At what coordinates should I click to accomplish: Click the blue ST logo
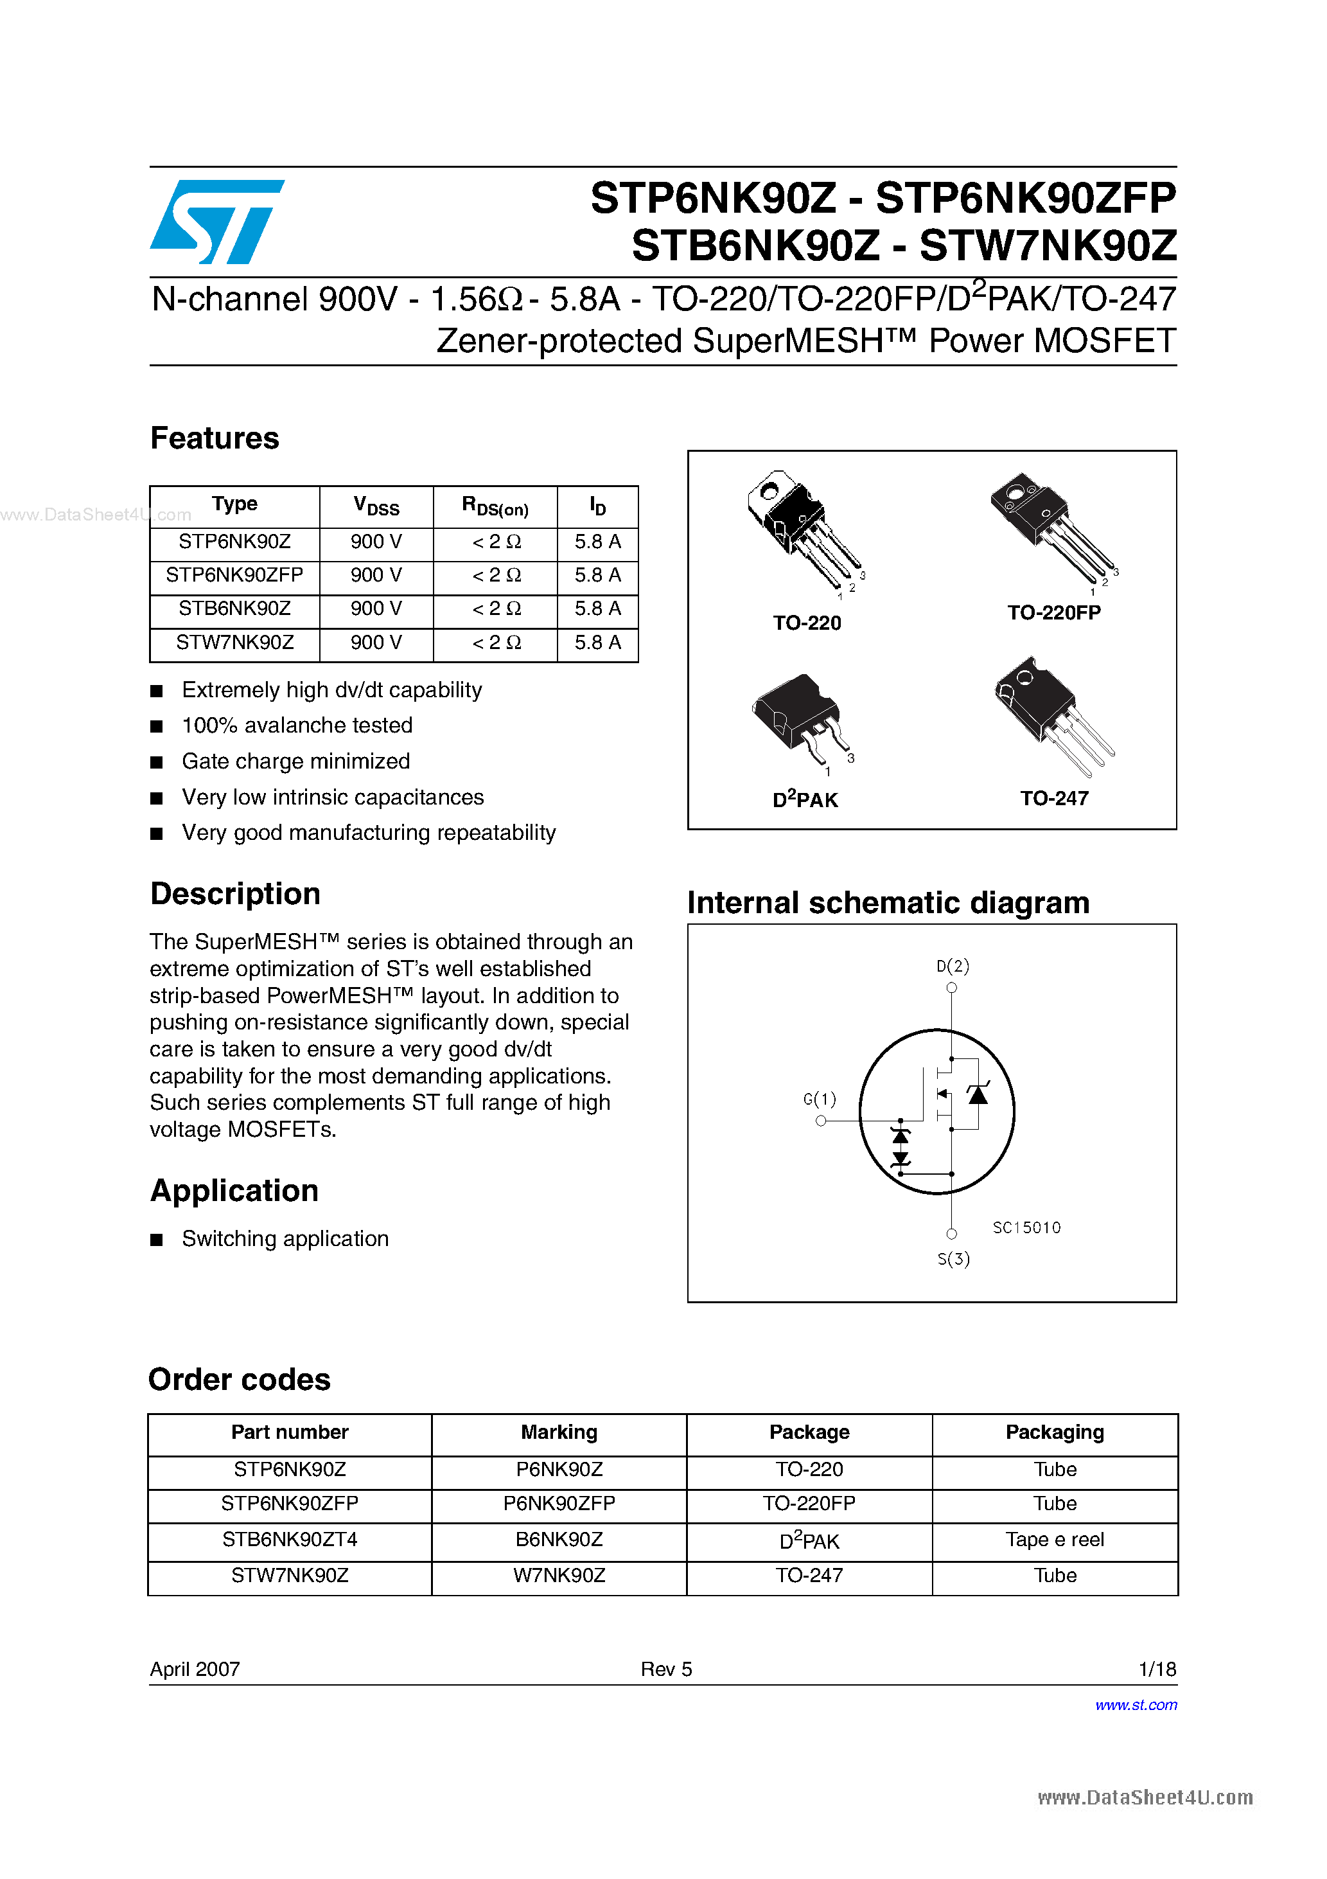(x=217, y=221)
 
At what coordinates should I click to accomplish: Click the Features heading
(x=215, y=439)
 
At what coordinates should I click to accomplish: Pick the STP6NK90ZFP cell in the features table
(x=235, y=575)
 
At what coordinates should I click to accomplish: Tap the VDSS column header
(x=376, y=506)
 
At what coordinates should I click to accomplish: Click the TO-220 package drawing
(x=802, y=528)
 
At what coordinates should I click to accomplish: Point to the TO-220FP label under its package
(x=1054, y=613)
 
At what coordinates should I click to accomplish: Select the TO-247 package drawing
(x=1051, y=712)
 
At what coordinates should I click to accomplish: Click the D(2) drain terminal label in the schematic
(x=953, y=966)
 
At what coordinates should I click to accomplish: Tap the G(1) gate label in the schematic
(x=820, y=1099)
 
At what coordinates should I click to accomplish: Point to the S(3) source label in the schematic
(x=953, y=1259)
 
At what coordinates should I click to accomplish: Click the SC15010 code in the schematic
(x=1026, y=1227)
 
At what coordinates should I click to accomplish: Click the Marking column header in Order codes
(x=559, y=1432)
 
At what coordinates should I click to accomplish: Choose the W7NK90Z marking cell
(x=559, y=1576)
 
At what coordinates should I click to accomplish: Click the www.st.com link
(x=1136, y=1705)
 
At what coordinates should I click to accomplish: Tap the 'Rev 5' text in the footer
(x=666, y=1670)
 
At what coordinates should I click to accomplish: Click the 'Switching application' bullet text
(x=285, y=1239)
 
